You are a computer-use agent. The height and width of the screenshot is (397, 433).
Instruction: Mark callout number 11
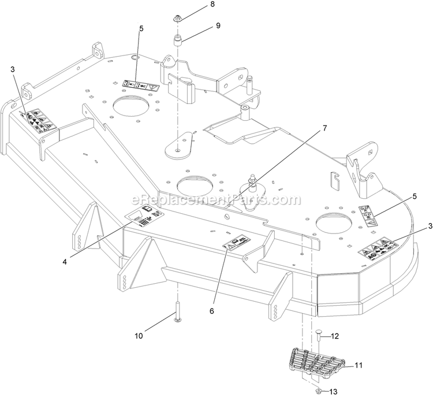coord(359,365)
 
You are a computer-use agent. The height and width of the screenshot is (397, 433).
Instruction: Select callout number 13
coord(350,392)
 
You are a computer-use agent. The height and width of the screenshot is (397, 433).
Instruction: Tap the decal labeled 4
coord(145,216)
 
